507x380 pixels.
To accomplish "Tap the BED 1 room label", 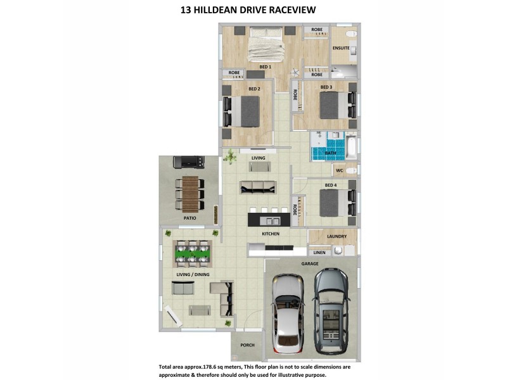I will coord(265,66).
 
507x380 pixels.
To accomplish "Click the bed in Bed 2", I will coord(243,111).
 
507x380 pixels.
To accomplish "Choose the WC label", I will coord(339,170).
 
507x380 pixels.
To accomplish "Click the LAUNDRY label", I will coord(337,237).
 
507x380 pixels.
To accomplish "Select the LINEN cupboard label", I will coord(319,252).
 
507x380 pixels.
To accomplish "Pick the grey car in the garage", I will coord(331,310).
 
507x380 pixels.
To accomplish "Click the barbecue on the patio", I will coord(188,162).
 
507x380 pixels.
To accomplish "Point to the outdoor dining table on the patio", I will coord(189,193).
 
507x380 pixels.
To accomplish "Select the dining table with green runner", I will coord(192,254).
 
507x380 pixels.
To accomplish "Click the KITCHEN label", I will coord(271,234).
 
